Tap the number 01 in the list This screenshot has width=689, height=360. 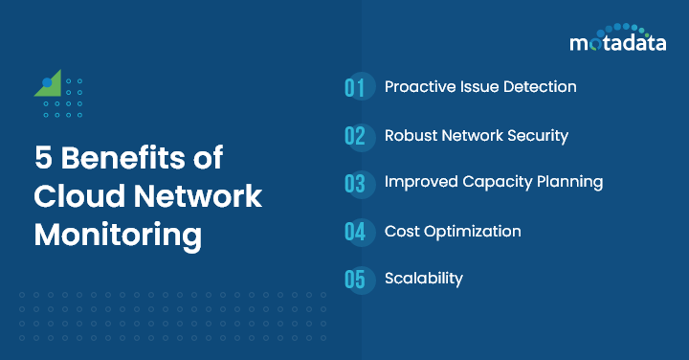tap(356, 88)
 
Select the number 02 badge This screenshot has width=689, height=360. tap(356, 136)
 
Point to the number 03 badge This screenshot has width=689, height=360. tap(356, 183)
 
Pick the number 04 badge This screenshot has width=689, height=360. tap(356, 232)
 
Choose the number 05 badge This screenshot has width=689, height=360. tap(356, 280)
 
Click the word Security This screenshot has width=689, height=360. tap(537, 135)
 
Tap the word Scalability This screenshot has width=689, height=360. tap(423, 279)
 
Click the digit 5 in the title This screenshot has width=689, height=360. tap(43, 159)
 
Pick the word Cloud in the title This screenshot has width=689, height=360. tap(75, 196)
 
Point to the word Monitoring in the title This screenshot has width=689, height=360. tap(118, 235)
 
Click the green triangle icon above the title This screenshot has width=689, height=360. tap(51, 84)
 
